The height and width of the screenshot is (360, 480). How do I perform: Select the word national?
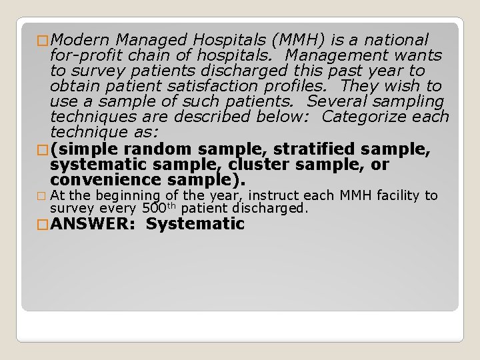[395, 39]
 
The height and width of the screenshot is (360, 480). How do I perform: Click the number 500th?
[160, 208]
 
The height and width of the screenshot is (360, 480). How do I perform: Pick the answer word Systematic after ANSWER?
[195, 224]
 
